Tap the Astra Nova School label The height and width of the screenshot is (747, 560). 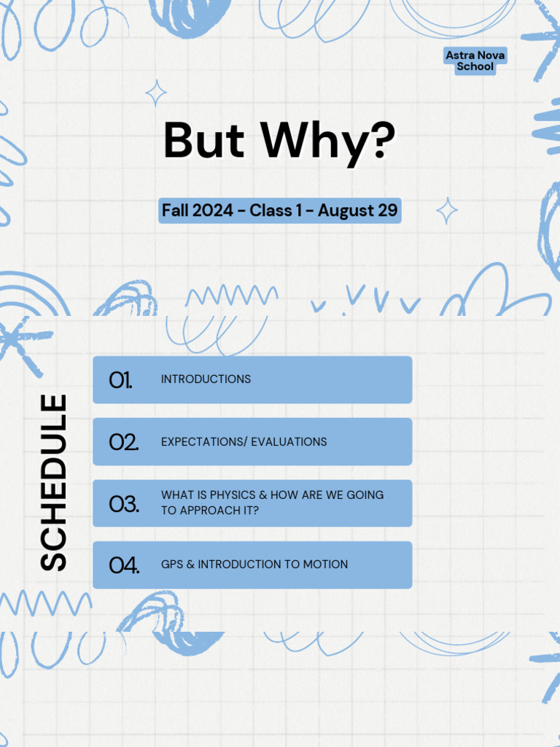pos(475,61)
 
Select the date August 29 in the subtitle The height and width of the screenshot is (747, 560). pos(358,211)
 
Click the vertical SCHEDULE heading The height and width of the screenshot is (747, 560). pos(53,482)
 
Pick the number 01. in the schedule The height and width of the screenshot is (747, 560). pos(120,379)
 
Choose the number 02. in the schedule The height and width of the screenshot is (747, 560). pos(123,441)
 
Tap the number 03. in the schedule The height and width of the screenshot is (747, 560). pos(123,503)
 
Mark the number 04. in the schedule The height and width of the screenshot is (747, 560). pos(124,565)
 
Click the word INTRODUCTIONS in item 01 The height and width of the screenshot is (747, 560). pos(206,379)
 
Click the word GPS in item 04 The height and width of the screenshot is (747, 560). pos(171,565)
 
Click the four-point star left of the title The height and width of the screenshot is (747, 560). pos(155,93)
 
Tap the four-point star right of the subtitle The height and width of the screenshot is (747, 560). pos(447,211)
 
